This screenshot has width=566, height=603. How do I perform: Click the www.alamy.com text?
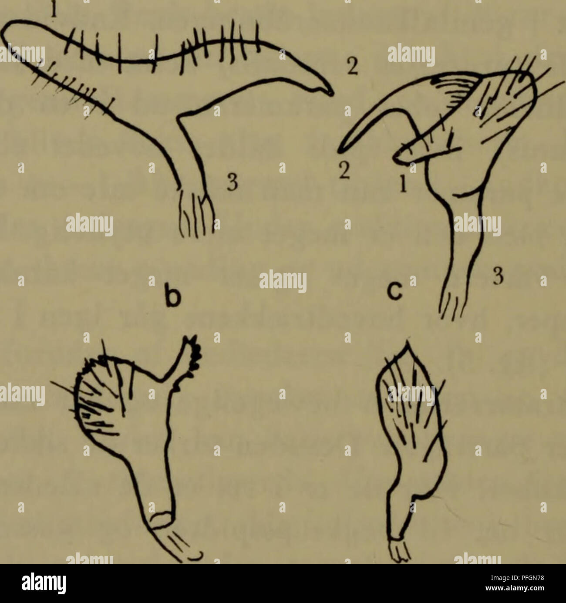(519, 591)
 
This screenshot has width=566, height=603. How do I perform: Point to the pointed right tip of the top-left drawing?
(331, 92)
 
